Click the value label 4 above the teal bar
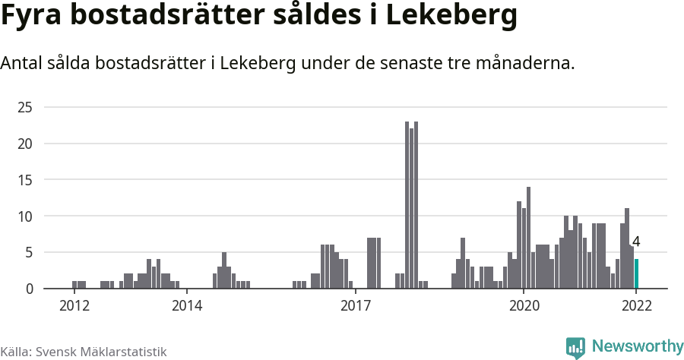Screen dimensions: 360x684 coord(636,242)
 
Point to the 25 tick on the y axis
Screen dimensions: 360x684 coord(24,107)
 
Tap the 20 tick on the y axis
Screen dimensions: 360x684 coord(24,144)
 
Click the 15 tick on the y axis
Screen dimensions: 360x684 coord(24,180)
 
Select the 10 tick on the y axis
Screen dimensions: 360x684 coord(24,216)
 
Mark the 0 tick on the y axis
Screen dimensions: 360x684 coord(28,289)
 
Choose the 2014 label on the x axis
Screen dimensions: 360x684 coord(186,306)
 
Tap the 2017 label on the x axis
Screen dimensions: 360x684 coord(355,306)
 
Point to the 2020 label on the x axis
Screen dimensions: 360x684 coord(524,306)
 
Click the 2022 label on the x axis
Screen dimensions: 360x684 coord(636,306)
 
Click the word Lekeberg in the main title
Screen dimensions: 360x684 coord(451,17)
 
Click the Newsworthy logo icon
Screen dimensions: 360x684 coord(575,347)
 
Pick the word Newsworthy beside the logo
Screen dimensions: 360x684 coord(637,346)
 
